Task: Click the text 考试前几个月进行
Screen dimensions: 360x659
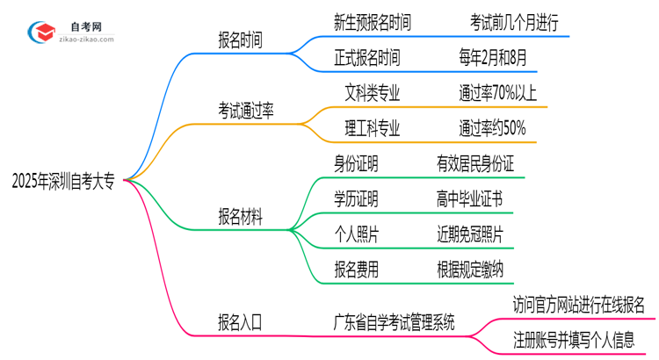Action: [x=502, y=22]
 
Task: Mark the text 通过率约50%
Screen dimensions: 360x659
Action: [x=492, y=128]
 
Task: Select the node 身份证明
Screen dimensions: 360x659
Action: [x=356, y=163]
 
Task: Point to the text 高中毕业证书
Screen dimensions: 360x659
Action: [x=469, y=198]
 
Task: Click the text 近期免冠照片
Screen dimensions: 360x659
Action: [x=469, y=234]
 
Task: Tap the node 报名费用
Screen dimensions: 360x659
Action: [x=356, y=270]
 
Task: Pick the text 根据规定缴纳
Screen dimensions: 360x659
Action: [x=469, y=270]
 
